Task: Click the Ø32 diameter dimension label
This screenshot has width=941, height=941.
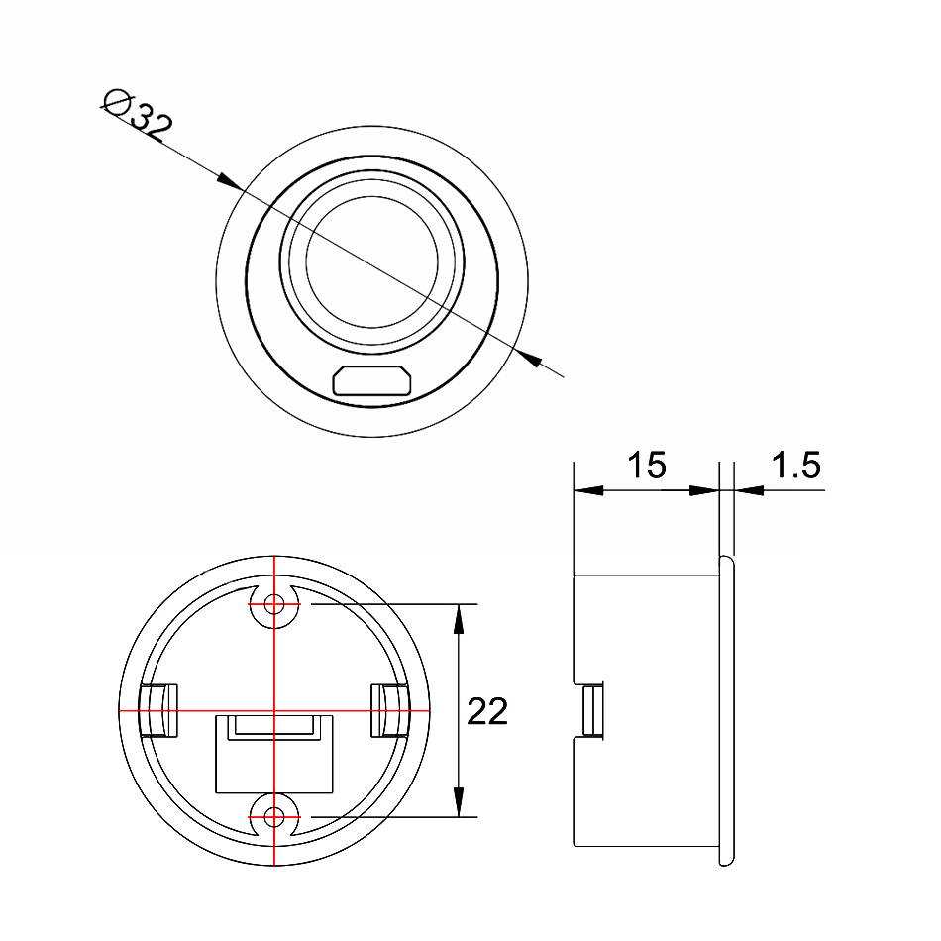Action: point(138,116)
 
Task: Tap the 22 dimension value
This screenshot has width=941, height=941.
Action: point(487,711)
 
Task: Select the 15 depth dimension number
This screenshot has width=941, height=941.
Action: point(647,465)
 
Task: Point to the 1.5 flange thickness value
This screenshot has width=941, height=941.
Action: point(795,465)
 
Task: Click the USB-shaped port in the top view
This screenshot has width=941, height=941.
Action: point(372,380)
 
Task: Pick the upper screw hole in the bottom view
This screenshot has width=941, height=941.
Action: point(274,604)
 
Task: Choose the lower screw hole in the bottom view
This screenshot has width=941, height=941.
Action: point(274,817)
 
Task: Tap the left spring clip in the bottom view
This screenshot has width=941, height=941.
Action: point(158,710)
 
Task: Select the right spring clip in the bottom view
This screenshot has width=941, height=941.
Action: point(390,710)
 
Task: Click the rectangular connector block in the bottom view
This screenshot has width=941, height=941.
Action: point(274,754)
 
